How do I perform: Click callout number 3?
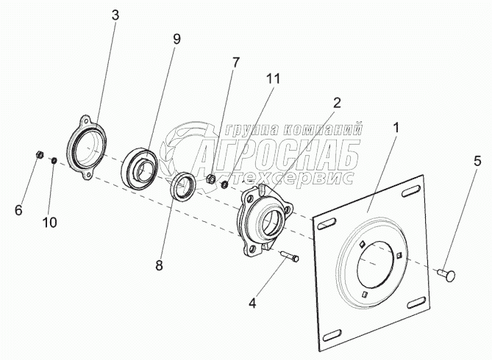tap(115, 15)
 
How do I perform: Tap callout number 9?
tap(176, 40)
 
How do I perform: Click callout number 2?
tap(336, 103)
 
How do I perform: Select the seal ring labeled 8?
tap(182, 187)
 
